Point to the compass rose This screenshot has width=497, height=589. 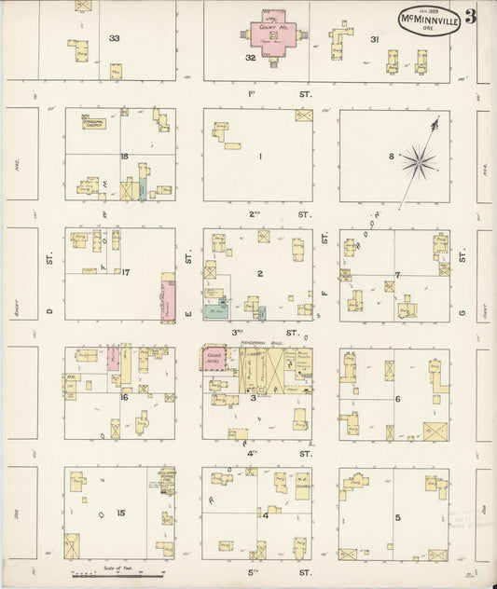tap(419, 161)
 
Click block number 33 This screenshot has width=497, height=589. tap(115, 38)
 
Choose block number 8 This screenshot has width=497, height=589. tap(391, 155)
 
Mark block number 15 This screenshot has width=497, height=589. tap(119, 513)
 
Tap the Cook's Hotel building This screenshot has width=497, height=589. tap(214, 361)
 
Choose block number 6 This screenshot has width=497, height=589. tap(397, 398)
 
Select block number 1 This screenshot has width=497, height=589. tap(260, 156)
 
